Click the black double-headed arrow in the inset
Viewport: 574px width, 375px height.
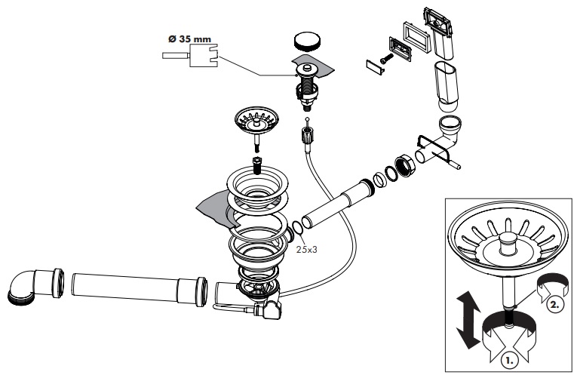468,316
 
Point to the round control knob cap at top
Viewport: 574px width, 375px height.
305,41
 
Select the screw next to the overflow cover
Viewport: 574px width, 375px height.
385,57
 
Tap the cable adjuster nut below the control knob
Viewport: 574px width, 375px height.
307,137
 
